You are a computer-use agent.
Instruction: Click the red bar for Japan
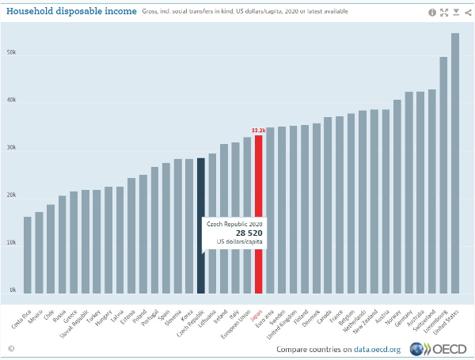(258, 214)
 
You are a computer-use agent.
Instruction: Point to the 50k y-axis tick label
(12, 54)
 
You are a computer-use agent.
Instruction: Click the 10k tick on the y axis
(12, 243)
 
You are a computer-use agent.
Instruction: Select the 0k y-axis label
(12, 290)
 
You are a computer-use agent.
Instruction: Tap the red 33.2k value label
(258, 130)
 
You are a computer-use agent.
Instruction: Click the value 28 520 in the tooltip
(234, 233)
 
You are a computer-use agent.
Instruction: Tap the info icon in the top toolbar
(432, 12)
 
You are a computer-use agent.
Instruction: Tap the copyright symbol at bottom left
(11, 348)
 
